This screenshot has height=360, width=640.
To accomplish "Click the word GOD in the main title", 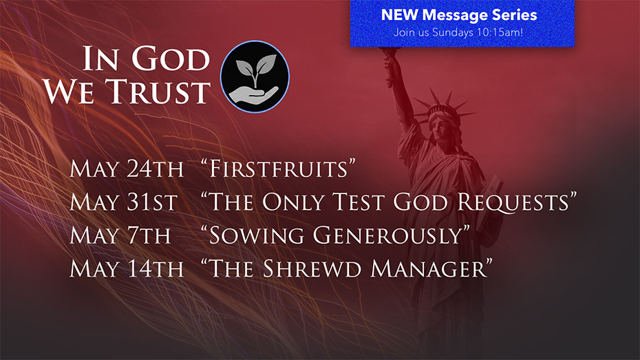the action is (171, 59).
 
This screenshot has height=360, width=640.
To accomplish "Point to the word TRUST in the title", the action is (158, 91).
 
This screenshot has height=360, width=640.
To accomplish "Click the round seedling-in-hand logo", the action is (255, 76).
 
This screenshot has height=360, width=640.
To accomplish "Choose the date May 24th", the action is (127, 169).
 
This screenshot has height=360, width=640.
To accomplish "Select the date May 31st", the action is (123, 202).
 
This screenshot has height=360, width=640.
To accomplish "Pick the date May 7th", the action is (120, 235).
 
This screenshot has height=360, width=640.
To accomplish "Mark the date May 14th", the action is (127, 269).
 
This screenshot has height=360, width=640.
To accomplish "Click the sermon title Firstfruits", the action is (279, 169).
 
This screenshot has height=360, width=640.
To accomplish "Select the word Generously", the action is (387, 236).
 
